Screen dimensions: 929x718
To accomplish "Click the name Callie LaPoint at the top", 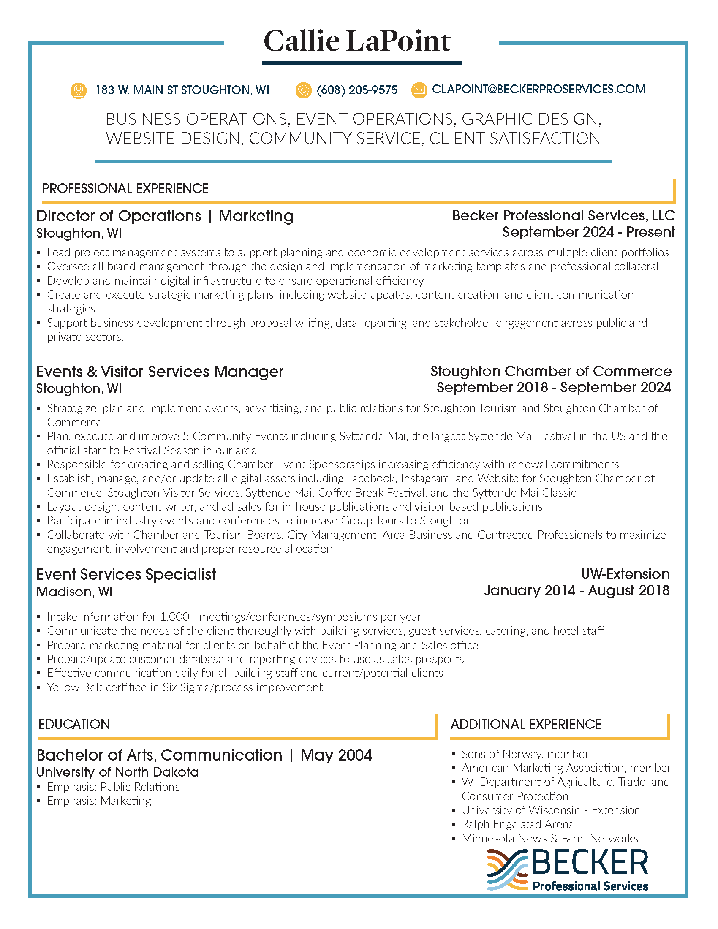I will click(357, 42).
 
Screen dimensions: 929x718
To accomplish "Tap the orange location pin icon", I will click(78, 90).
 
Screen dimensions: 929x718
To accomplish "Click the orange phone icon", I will click(303, 90).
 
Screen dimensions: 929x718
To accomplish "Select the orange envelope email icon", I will click(419, 90).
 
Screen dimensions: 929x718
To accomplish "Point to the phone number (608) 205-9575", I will click(357, 90).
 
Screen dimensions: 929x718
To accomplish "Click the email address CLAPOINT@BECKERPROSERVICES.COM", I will click(538, 90).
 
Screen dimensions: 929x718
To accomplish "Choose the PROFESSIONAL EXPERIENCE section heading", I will click(125, 188).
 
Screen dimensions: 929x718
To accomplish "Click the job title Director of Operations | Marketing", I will click(165, 216).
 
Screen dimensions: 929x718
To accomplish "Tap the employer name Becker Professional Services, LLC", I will click(563, 216).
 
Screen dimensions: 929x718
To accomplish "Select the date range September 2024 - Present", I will click(588, 232).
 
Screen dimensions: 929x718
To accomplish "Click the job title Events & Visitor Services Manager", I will click(160, 372).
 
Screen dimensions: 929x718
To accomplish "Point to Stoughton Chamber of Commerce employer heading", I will click(551, 371).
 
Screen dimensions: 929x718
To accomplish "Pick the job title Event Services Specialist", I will click(126, 575).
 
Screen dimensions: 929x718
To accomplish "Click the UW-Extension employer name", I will click(625, 574).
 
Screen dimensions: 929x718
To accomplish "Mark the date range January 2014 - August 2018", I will click(577, 591).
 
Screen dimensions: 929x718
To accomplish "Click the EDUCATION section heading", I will click(74, 724).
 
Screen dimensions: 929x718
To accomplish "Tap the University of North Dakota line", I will click(117, 772).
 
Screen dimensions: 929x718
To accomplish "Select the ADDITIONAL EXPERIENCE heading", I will click(526, 724).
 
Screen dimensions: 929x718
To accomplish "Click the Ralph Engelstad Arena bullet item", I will click(517, 824).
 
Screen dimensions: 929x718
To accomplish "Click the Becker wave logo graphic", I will click(507, 869).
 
